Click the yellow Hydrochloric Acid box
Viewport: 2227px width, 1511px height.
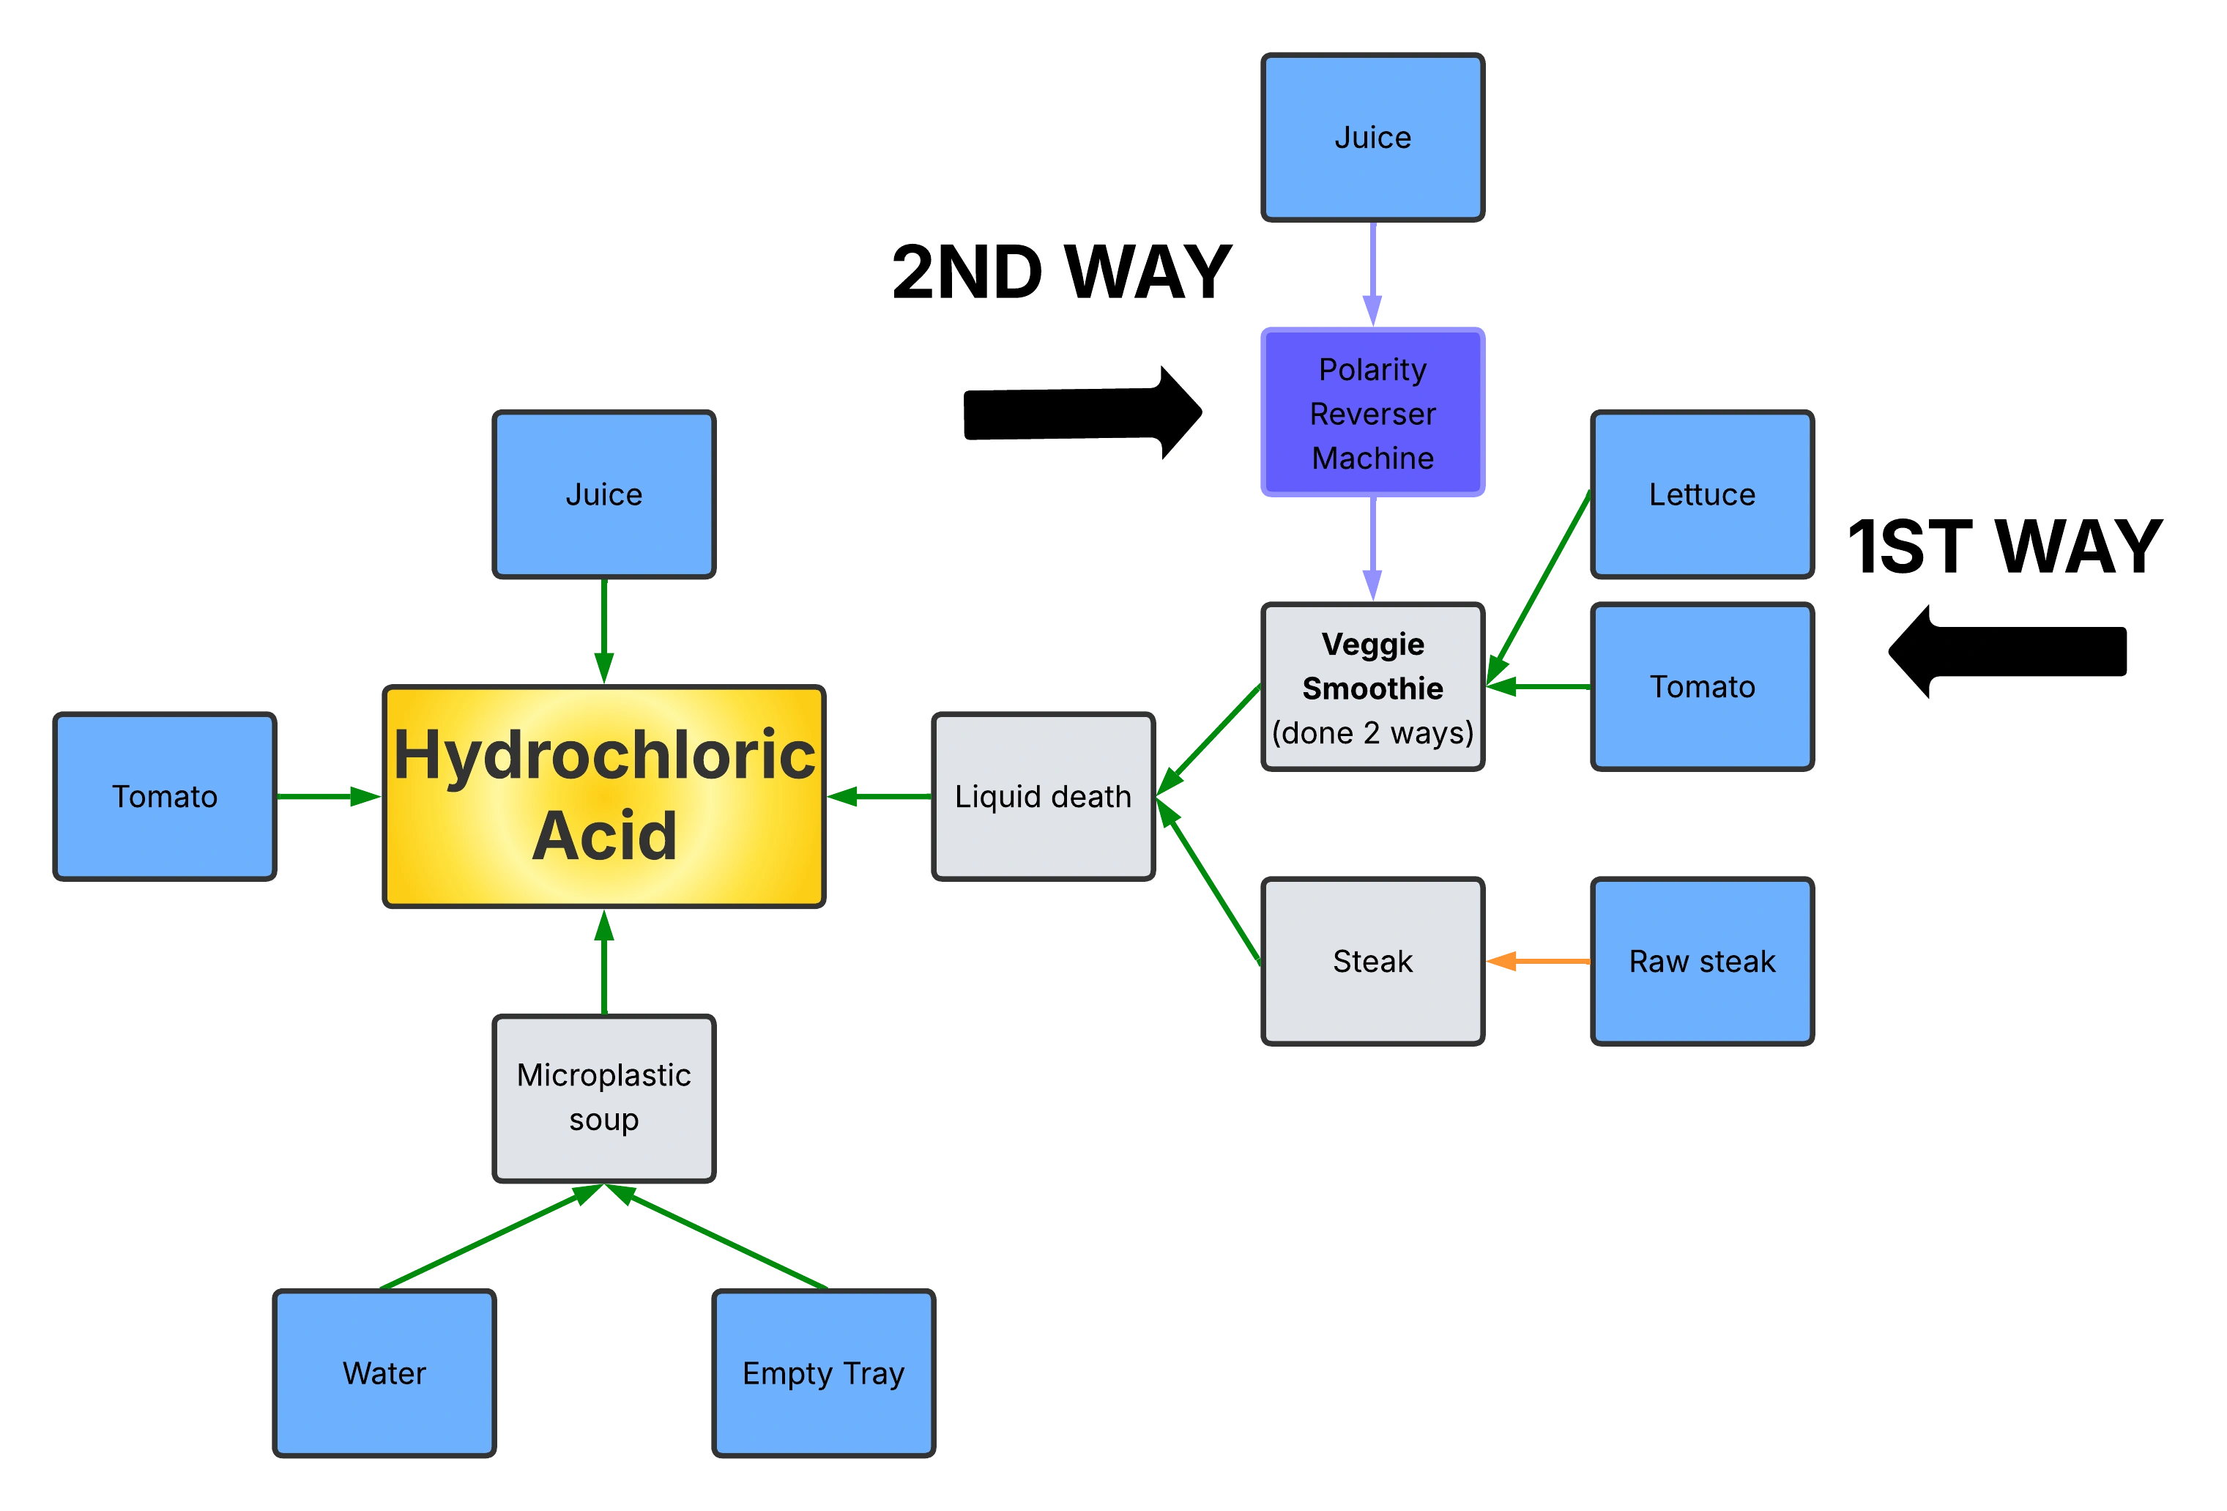click(x=603, y=795)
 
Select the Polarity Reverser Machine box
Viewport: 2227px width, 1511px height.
click(x=1372, y=412)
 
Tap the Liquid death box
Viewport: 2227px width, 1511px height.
click(x=1043, y=796)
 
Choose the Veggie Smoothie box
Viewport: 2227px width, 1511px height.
click(x=1372, y=687)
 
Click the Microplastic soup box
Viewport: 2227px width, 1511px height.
click(x=603, y=1097)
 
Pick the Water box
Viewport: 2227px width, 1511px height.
click(x=383, y=1372)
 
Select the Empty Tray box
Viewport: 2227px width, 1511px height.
click(x=823, y=1372)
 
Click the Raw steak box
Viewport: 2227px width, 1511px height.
click(x=1702, y=960)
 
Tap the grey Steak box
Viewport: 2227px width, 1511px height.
click(x=1372, y=960)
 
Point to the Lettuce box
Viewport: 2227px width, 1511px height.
click(x=1702, y=494)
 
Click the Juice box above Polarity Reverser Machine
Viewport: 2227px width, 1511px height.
click(x=1372, y=137)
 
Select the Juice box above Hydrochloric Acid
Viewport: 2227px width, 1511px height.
click(x=603, y=494)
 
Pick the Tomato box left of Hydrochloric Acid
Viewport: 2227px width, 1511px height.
click(x=164, y=796)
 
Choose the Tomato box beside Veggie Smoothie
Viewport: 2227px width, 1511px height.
click(x=1702, y=686)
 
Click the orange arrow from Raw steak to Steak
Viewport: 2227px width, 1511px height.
click(x=1539, y=960)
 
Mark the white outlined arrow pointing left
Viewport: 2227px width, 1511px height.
click(x=2007, y=652)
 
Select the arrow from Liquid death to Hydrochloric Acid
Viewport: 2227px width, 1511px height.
click(x=879, y=796)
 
